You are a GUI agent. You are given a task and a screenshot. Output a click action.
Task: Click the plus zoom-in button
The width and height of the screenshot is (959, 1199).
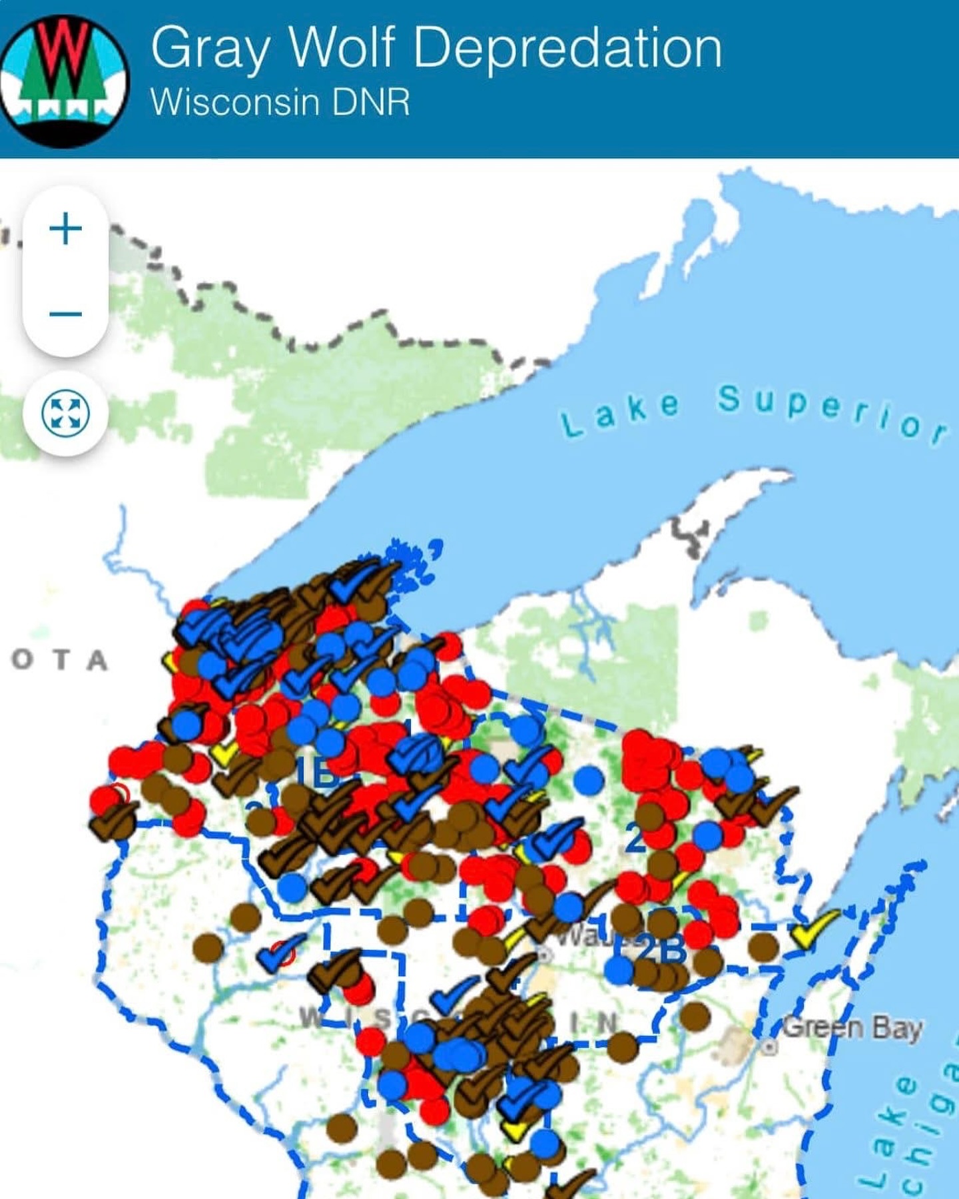(x=65, y=229)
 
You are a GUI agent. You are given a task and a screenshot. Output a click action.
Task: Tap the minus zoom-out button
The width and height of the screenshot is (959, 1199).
(x=65, y=313)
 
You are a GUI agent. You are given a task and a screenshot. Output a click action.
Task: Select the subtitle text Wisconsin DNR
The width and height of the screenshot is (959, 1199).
(x=280, y=102)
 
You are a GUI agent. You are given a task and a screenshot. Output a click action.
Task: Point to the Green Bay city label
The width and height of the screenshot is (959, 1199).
(x=851, y=1028)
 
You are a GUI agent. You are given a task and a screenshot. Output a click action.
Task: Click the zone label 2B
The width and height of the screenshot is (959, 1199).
(x=659, y=950)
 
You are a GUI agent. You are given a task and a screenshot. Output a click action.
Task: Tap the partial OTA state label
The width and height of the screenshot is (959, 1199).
(x=60, y=660)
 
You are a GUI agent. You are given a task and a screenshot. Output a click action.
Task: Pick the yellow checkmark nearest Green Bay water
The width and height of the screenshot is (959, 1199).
(x=814, y=927)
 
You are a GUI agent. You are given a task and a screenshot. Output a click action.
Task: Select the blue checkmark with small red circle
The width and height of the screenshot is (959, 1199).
(x=280, y=953)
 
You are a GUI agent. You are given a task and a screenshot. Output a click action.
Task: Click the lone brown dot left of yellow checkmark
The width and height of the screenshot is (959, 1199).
(x=763, y=946)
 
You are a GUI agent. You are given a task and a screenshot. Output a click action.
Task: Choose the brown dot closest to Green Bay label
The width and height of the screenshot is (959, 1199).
(x=695, y=1016)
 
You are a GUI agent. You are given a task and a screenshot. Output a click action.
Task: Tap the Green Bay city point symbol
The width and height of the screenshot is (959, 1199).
(x=770, y=1047)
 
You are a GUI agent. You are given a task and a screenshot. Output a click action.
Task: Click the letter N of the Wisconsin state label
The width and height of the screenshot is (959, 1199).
(x=606, y=1022)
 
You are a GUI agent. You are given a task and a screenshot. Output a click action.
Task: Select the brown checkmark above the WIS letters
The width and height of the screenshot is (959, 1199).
(x=336, y=969)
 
